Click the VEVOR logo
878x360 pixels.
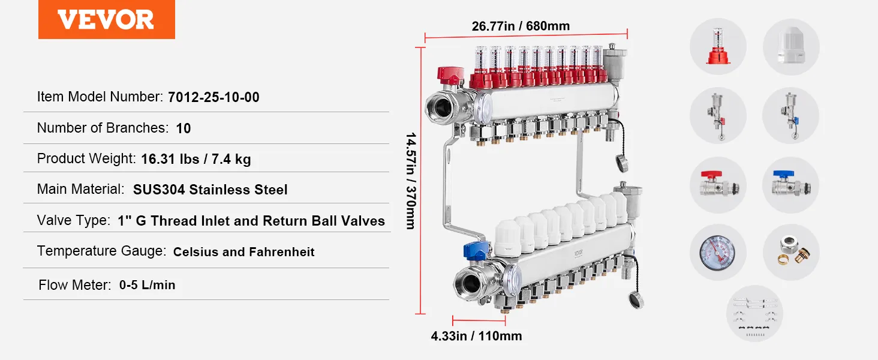coord(106,19)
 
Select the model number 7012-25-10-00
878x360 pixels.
coord(214,97)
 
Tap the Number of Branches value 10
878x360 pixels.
coord(184,128)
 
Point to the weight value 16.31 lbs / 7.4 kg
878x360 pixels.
coord(196,159)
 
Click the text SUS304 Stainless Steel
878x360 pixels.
coord(210,190)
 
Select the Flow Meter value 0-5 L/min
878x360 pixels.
coord(147,285)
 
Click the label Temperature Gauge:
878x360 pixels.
coord(101,251)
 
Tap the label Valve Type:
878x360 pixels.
coord(74,220)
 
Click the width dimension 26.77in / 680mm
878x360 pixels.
coord(521,26)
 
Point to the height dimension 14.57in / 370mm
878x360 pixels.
coord(410,181)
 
